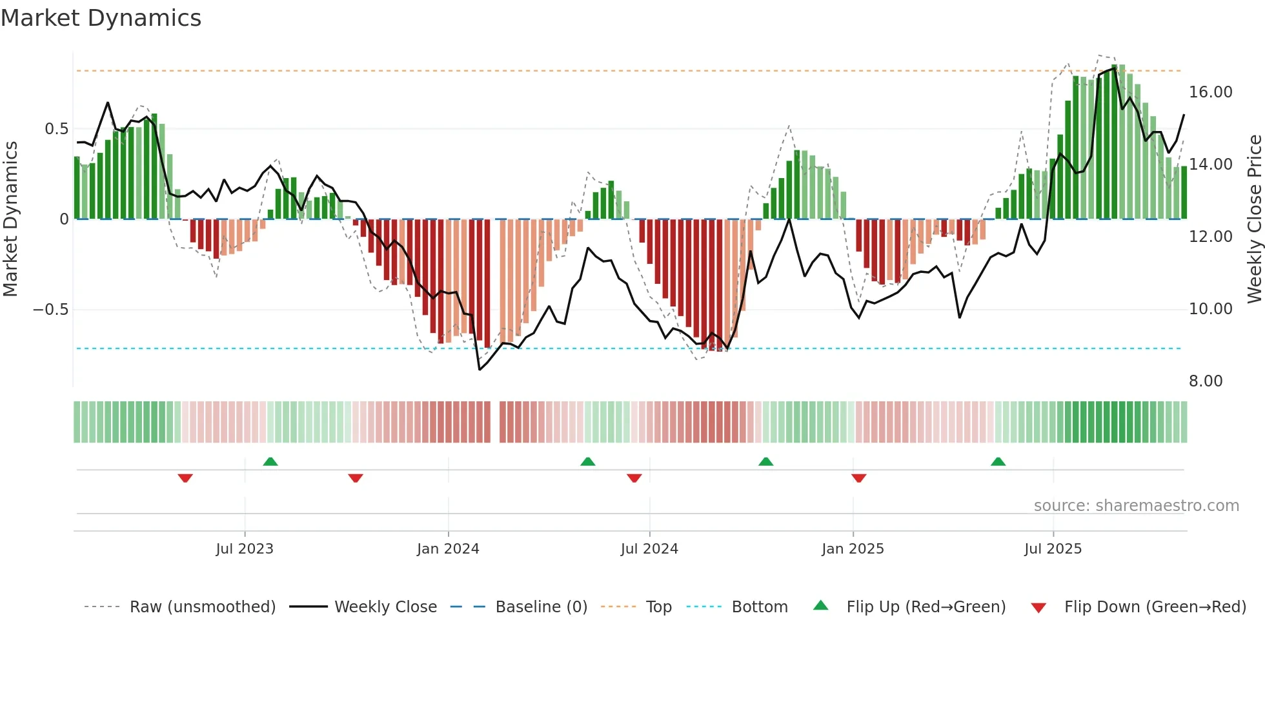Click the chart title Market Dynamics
tap(101, 18)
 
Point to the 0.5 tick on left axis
tap(56, 129)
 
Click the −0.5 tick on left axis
tap(50, 310)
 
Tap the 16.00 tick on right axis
tap(1210, 92)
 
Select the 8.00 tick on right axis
tap(1206, 381)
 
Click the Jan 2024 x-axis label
tap(448, 549)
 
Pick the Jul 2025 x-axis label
tap(1053, 549)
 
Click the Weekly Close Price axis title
tap(1254, 219)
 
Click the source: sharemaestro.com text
tap(1136, 506)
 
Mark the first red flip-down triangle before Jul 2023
tap(185, 478)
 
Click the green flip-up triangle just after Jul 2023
tap(270, 462)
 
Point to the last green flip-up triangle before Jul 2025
tap(998, 462)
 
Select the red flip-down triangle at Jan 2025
tap(858, 478)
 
